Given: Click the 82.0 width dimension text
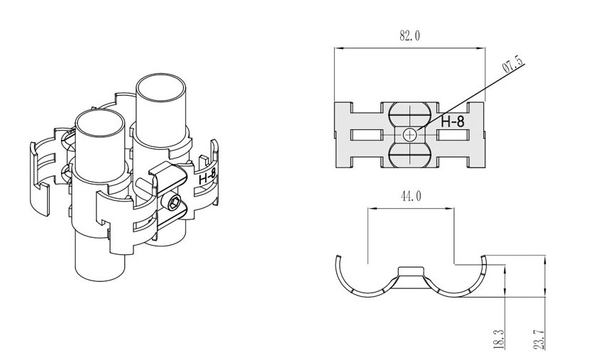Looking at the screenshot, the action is tap(409, 36).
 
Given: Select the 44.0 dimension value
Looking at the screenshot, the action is tap(411, 197).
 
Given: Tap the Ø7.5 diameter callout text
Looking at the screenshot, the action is tap(513, 64).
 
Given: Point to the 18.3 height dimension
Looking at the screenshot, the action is tap(499, 339).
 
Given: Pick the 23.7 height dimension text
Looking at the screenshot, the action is tap(539, 339).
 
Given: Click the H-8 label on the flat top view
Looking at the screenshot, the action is tap(453, 122).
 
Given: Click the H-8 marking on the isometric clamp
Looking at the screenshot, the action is tap(207, 176).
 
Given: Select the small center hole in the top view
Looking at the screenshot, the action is tap(409, 135).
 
